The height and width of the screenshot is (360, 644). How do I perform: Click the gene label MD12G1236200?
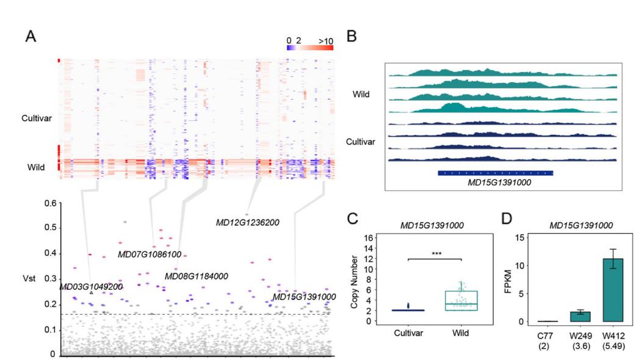247,223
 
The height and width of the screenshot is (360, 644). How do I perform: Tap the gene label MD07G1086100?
150,254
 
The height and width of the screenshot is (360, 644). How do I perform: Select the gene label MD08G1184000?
196,276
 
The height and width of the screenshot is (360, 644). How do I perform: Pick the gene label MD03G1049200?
91,286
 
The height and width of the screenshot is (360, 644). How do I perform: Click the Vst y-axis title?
29,278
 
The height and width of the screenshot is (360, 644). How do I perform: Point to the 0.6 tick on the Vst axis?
46,203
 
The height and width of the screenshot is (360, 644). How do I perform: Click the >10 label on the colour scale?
325,41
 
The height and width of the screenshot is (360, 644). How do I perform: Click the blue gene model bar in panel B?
495,173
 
